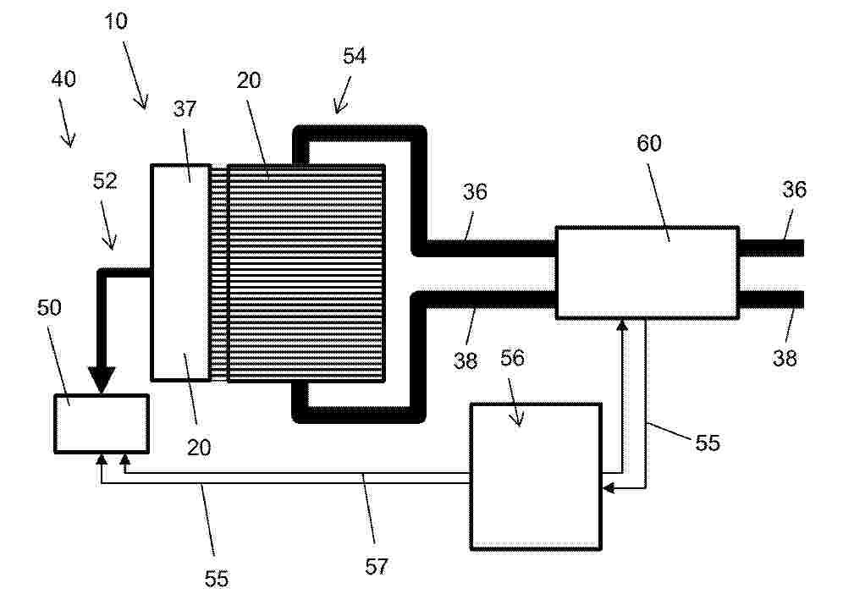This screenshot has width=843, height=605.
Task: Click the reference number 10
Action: [x=116, y=21]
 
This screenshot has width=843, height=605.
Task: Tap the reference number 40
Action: [x=63, y=79]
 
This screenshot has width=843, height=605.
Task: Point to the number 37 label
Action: [x=185, y=109]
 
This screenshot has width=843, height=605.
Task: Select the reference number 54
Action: [x=355, y=56]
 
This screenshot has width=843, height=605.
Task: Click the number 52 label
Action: [x=105, y=180]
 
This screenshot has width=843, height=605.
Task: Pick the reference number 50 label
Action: [x=49, y=307]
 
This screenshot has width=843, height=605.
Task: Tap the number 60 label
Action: [x=649, y=143]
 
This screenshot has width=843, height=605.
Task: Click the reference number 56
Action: [x=512, y=358]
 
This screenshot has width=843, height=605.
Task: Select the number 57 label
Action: [x=376, y=566]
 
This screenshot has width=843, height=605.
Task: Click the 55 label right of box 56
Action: [x=707, y=443]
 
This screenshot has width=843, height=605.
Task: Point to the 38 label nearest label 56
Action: [x=465, y=360]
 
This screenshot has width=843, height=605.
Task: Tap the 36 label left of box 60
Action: [x=475, y=192]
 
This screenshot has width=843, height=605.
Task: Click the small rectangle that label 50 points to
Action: [x=102, y=424]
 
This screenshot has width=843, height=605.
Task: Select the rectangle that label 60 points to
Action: [x=647, y=273]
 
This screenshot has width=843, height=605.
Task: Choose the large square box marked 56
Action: [x=536, y=476]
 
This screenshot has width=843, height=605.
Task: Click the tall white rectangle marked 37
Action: [x=180, y=272]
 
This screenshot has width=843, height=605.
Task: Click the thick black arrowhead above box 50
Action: [x=102, y=379]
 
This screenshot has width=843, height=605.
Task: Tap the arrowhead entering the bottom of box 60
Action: [x=622, y=325]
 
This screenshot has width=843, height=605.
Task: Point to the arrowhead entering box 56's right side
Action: [x=609, y=488]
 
